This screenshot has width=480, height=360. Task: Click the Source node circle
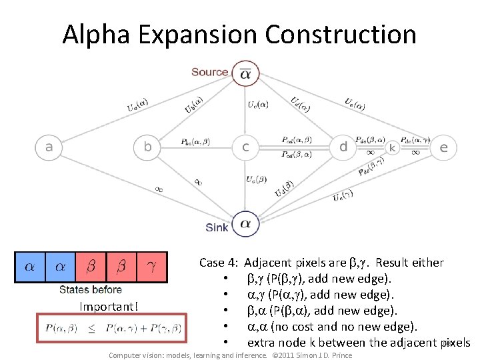click(x=245, y=74)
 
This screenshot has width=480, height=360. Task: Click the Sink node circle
click(x=245, y=223)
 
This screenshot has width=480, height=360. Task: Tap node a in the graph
click(x=49, y=147)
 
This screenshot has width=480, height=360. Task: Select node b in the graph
click(x=148, y=147)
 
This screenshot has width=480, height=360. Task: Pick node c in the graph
click(x=245, y=147)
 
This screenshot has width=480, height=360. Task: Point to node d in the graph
click(x=343, y=147)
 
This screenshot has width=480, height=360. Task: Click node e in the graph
click(x=443, y=147)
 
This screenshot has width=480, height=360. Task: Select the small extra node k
click(x=393, y=147)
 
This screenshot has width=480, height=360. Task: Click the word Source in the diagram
click(x=209, y=72)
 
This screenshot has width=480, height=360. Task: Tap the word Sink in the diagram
click(x=217, y=227)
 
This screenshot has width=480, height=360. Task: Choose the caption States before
click(x=91, y=289)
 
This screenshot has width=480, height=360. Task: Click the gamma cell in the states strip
click(x=151, y=267)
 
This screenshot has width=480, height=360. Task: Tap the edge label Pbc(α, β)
click(x=195, y=142)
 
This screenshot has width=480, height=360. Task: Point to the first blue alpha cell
click(x=29, y=267)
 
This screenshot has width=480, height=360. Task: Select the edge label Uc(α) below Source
click(x=258, y=104)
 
